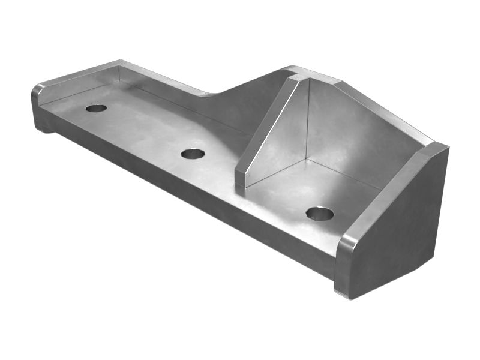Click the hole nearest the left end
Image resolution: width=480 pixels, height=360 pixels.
click(x=96, y=108)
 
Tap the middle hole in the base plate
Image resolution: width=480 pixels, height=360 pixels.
click(x=193, y=154)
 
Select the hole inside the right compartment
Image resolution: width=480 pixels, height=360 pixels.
click(x=319, y=213)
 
